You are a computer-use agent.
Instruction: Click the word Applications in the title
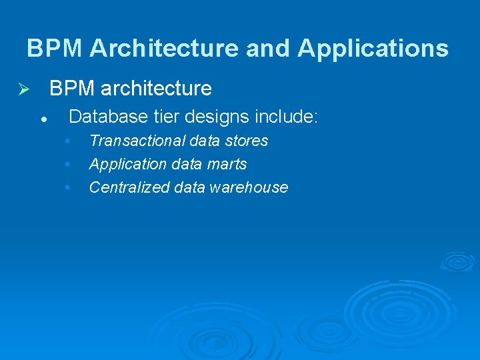point(373,49)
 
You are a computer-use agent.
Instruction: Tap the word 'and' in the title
point(269,49)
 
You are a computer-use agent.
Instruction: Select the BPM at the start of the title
point(55,49)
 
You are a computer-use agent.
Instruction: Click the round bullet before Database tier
point(42,119)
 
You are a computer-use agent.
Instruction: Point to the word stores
point(247,141)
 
